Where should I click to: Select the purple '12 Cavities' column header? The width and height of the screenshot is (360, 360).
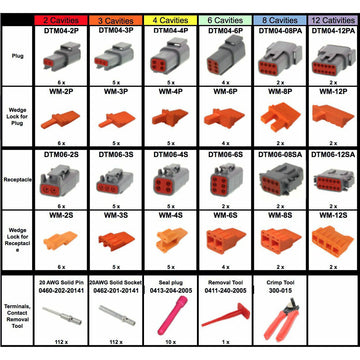point(329,19)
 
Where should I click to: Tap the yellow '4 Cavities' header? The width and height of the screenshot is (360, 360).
point(172,19)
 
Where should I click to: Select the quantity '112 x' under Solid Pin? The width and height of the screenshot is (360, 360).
point(66,341)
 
